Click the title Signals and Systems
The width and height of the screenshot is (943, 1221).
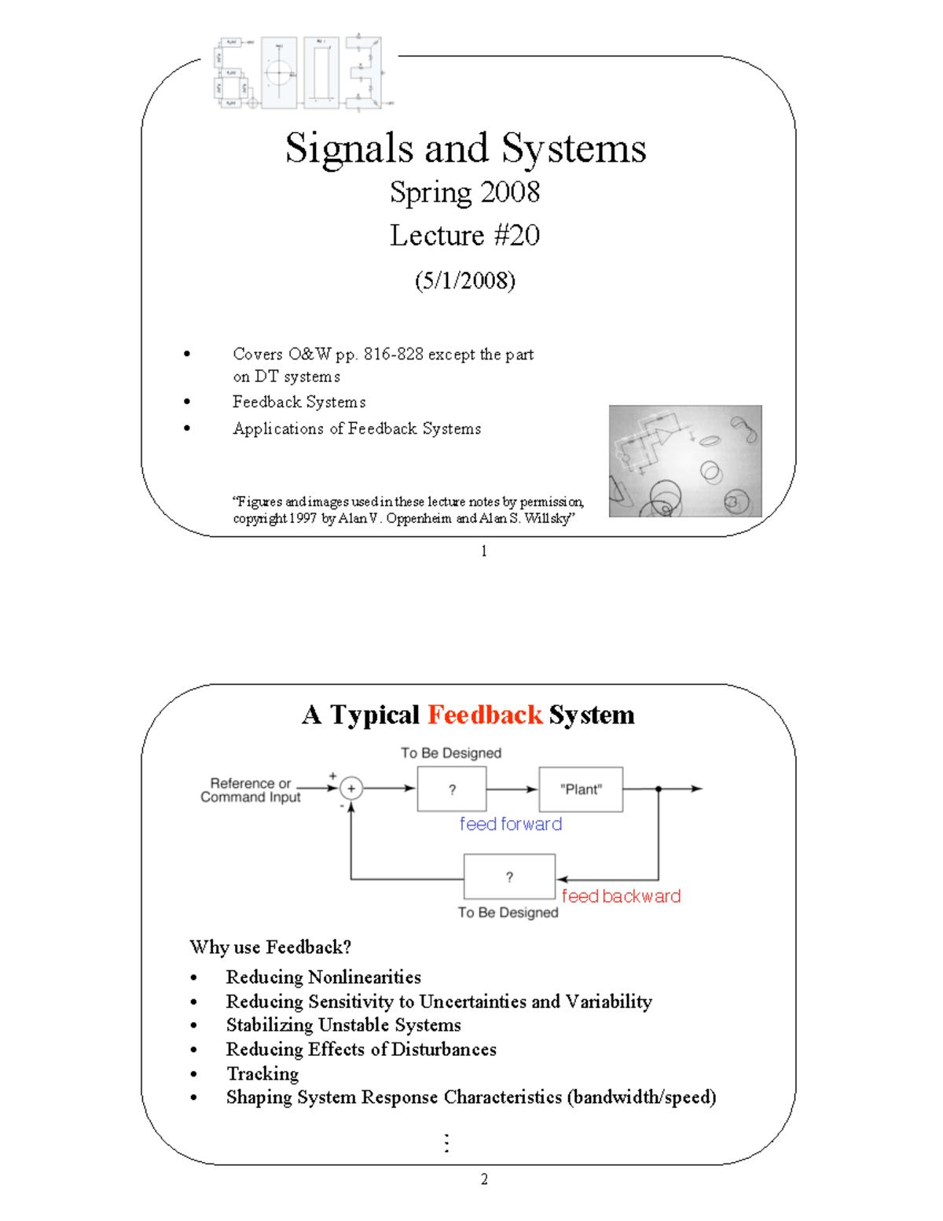pyautogui.click(x=465, y=148)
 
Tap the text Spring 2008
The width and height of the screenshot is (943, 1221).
pyautogui.click(x=465, y=193)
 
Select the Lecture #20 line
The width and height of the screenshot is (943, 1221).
pyautogui.click(x=465, y=235)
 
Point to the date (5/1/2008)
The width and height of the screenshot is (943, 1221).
pyautogui.click(x=465, y=281)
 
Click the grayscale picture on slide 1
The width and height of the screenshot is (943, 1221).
pyautogui.click(x=685, y=461)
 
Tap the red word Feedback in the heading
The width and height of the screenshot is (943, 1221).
pyautogui.click(x=485, y=715)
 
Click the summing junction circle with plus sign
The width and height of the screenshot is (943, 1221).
pyautogui.click(x=351, y=788)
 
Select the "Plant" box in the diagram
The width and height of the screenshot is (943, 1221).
pyautogui.click(x=581, y=789)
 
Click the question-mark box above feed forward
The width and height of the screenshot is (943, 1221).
pyautogui.click(x=452, y=789)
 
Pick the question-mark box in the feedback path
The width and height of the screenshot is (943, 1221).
pyautogui.click(x=509, y=877)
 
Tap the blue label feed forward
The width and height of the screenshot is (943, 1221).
pyautogui.click(x=511, y=824)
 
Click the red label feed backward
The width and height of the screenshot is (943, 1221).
pyautogui.click(x=621, y=896)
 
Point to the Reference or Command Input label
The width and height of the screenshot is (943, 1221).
pyautogui.click(x=251, y=790)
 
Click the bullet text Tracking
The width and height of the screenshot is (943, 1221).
pyautogui.click(x=262, y=1073)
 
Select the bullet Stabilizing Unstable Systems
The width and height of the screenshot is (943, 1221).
pyautogui.click(x=343, y=1025)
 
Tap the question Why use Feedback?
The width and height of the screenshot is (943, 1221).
pyautogui.click(x=270, y=947)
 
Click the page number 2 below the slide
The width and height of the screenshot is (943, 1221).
pyautogui.click(x=484, y=1179)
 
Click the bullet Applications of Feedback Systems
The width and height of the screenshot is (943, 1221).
pyautogui.click(x=357, y=428)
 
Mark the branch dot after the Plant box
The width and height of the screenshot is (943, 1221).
pyautogui.click(x=659, y=789)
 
